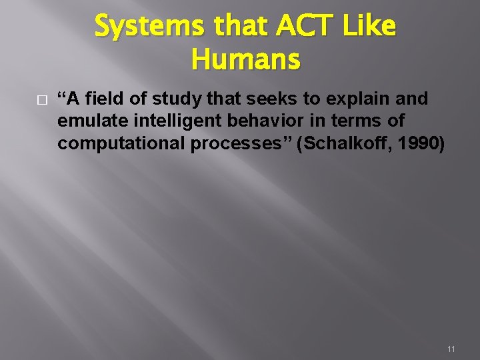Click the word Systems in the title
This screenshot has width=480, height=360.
(x=138, y=27)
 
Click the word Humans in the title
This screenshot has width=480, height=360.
(x=245, y=60)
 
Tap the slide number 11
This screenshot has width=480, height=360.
(x=451, y=349)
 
